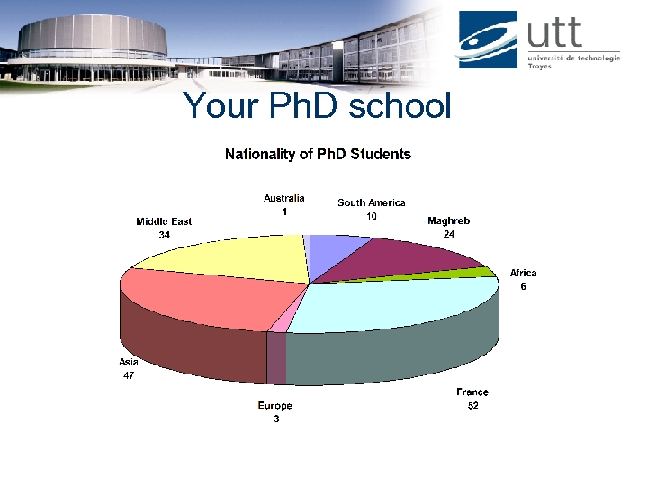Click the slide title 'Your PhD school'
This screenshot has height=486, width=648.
point(317,106)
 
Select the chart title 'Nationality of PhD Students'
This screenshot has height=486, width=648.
point(318,155)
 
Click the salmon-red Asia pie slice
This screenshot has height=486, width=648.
point(207,297)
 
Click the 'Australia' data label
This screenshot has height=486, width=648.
point(283,198)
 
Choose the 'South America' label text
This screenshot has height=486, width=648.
point(371,202)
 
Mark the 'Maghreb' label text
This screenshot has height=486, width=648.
point(448,220)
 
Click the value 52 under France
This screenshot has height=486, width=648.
point(472,407)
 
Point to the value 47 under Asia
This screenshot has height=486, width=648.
point(129,375)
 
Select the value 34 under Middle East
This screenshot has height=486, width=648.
point(164,235)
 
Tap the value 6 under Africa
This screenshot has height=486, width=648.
point(523,286)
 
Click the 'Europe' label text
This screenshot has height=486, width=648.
point(274,406)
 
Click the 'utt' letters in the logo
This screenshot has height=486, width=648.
point(555,33)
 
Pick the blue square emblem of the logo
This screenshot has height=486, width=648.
point(488,39)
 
